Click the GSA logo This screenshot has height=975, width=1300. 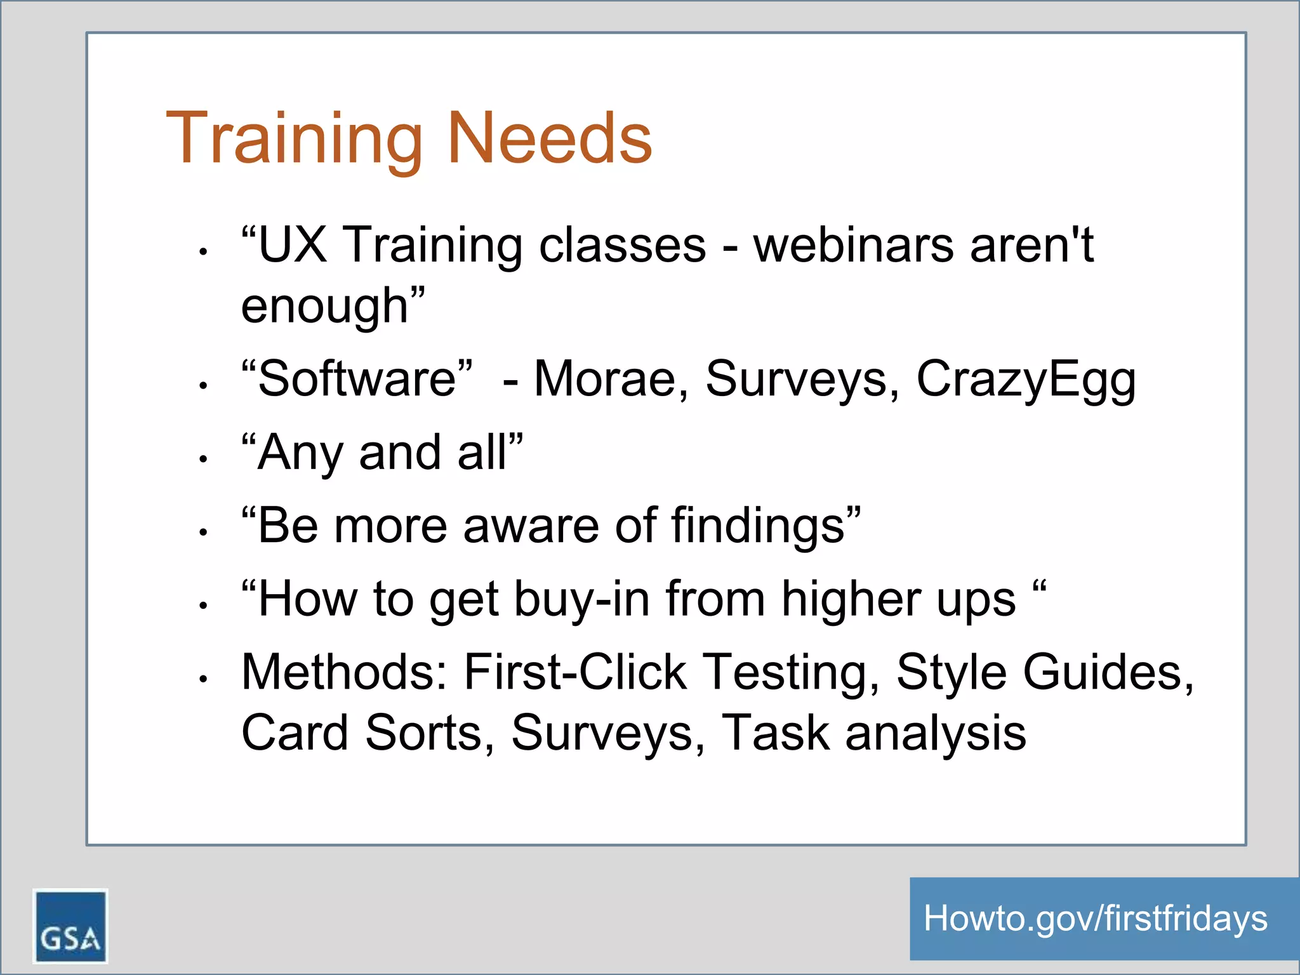pos(70,925)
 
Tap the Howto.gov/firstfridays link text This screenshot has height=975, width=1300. pos(1095,919)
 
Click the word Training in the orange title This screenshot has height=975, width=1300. pos(294,139)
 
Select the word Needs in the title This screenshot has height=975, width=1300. pos(550,138)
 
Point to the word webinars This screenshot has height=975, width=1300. pos(853,245)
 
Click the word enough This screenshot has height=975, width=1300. pos(325,306)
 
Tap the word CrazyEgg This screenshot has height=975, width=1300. pos(1026,380)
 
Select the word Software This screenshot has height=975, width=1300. pos(357,379)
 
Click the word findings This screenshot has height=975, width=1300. pos(759,526)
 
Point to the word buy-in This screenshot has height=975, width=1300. pos(581,600)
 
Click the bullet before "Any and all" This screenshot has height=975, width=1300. pos(203,459)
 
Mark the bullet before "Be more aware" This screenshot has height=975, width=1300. pos(203,533)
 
